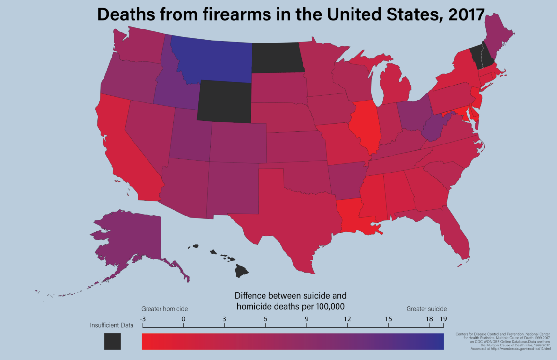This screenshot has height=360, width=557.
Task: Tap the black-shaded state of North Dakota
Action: pyautogui.click(x=277, y=57)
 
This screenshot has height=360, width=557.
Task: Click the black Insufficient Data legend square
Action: pyautogui.click(x=112, y=341)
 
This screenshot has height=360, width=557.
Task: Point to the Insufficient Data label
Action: pyautogui.click(x=112, y=325)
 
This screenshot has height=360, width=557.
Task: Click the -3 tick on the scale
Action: pyautogui.click(x=142, y=319)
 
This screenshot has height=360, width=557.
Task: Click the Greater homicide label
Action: pyautogui.click(x=164, y=308)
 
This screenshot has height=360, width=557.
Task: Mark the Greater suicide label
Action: pyautogui.click(x=426, y=308)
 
